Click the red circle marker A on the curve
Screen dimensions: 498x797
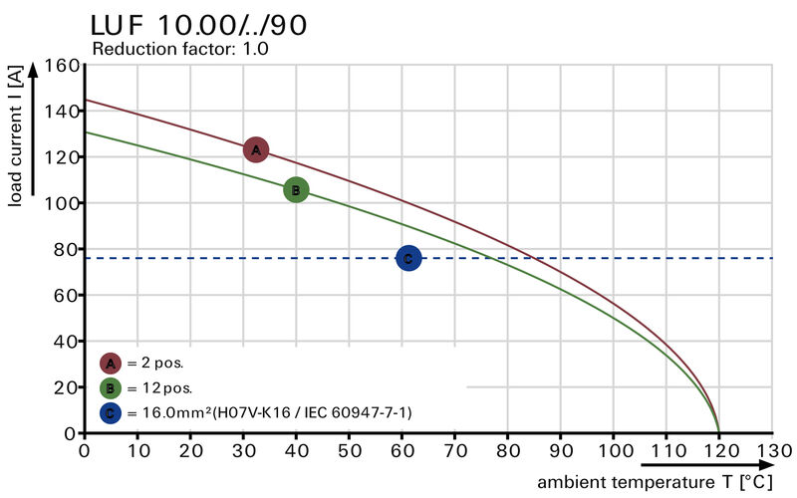(256, 149)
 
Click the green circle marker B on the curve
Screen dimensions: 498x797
(296, 189)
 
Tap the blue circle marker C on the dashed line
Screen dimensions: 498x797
(408, 258)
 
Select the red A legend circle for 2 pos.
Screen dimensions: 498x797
(111, 364)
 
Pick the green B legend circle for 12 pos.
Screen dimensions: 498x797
(111, 387)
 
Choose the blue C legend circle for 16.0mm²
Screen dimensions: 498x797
(111, 411)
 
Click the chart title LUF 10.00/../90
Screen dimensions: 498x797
(198, 24)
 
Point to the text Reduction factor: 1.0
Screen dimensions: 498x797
(180, 48)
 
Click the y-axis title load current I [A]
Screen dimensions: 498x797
(15, 133)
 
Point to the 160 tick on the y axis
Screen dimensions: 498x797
(62, 66)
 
